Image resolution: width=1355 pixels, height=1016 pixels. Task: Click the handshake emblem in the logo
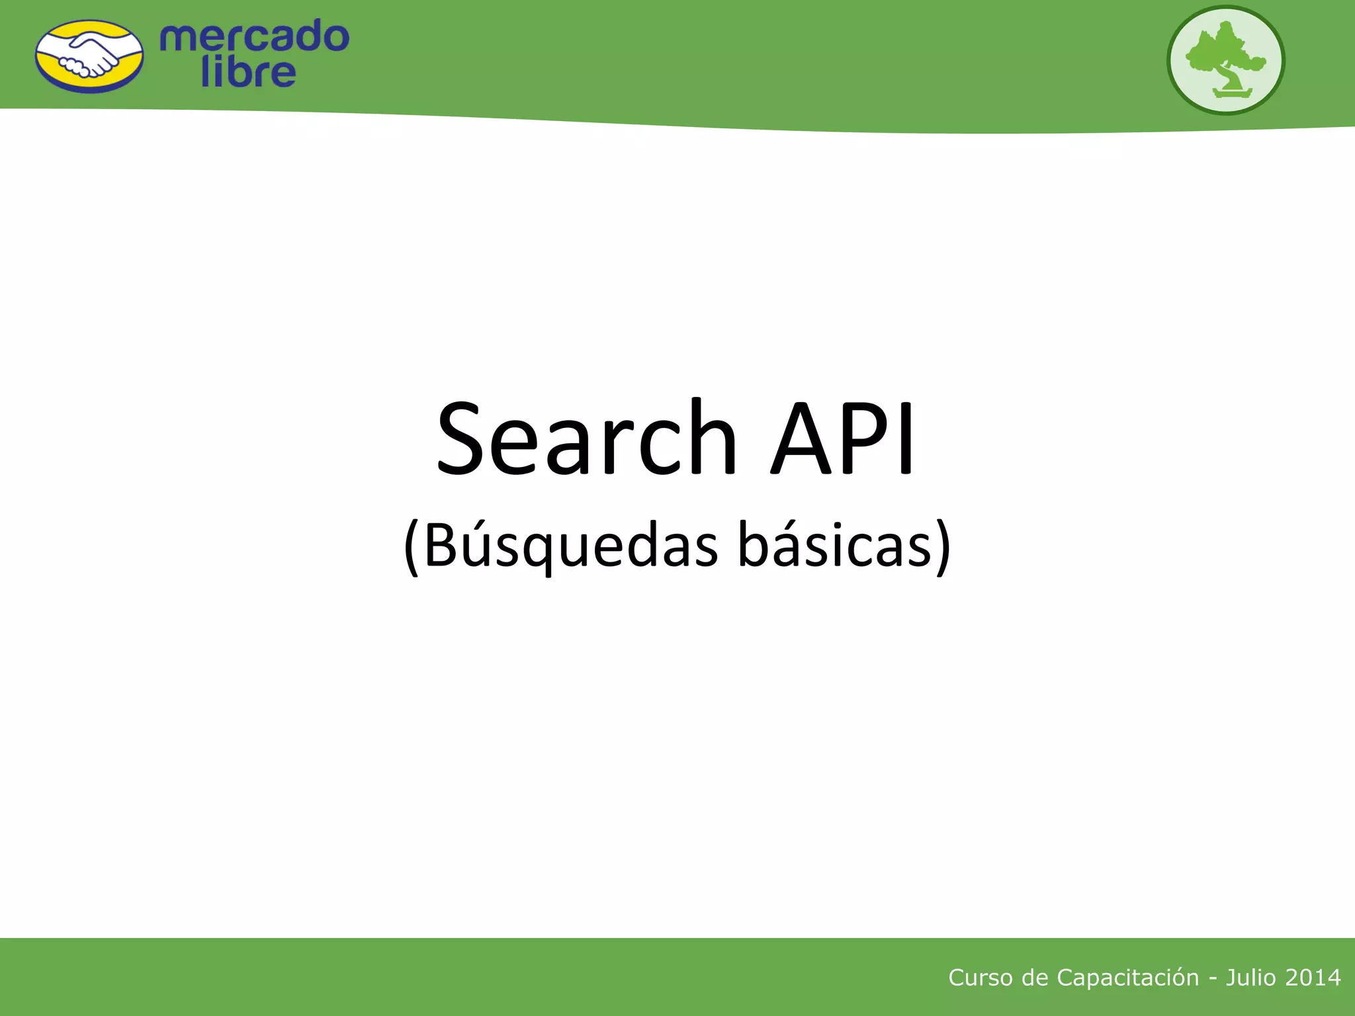[89, 56]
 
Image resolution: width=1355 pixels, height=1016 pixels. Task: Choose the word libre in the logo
[248, 72]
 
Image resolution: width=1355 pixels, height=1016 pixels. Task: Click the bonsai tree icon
[1225, 60]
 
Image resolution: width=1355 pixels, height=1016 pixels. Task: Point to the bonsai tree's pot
[1232, 93]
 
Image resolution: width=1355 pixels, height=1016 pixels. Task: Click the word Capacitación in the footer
[1127, 978]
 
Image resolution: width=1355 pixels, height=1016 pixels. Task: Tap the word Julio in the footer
[1250, 978]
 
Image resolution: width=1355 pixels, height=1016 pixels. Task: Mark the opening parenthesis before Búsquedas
[412, 548]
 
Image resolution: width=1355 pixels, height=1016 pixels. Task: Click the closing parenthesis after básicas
[944, 548]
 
